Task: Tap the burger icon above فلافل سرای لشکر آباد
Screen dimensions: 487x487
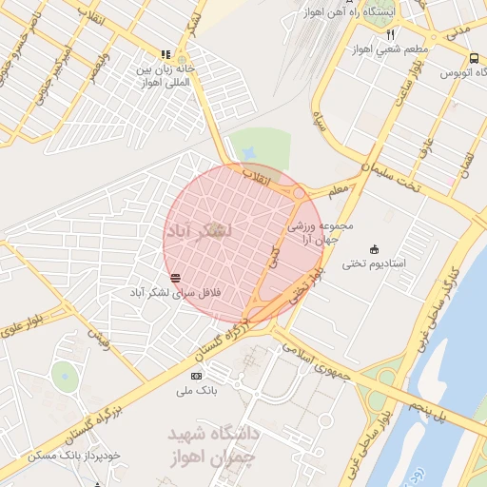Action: pyautogui.click(x=175, y=277)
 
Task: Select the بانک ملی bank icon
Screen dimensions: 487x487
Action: pyautogui.click(x=196, y=376)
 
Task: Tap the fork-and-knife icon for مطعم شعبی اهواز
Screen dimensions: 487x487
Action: pyautogui.click(x=390, y=34)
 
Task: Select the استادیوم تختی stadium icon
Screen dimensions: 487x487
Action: pyautogui.click(x=373, y=248)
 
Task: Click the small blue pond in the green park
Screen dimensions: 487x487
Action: pyautogui.click(x=249, y=153)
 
